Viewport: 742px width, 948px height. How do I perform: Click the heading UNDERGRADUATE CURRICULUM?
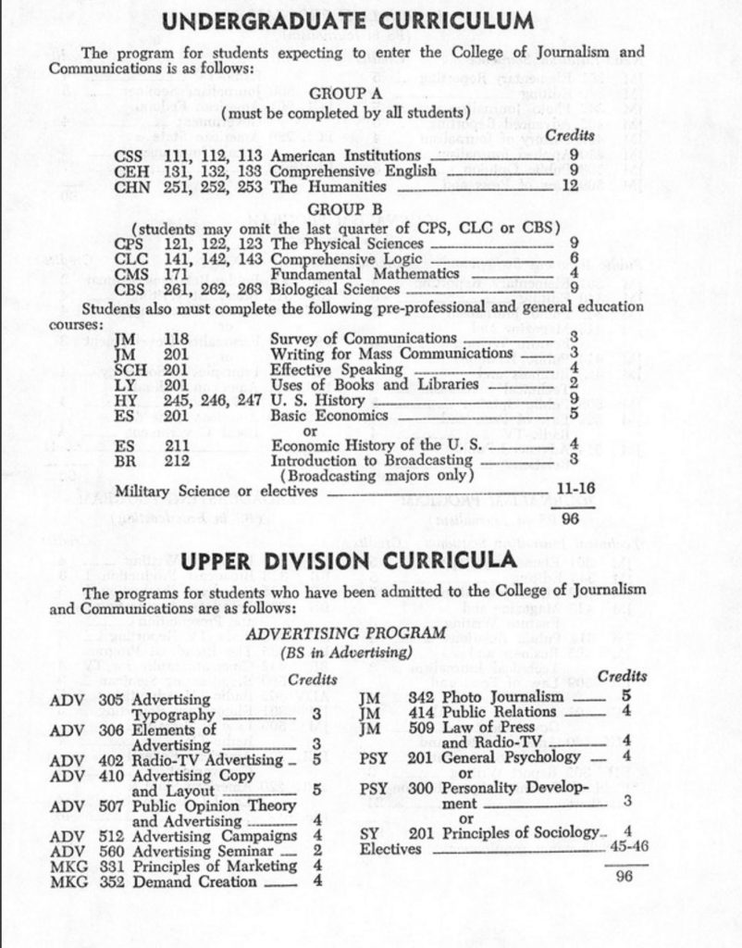[353, 20]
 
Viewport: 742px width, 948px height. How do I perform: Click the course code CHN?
[131, 186]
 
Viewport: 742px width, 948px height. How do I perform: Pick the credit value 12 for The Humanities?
[570, 185]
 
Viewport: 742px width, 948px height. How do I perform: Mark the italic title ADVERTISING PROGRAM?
[346, 633]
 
